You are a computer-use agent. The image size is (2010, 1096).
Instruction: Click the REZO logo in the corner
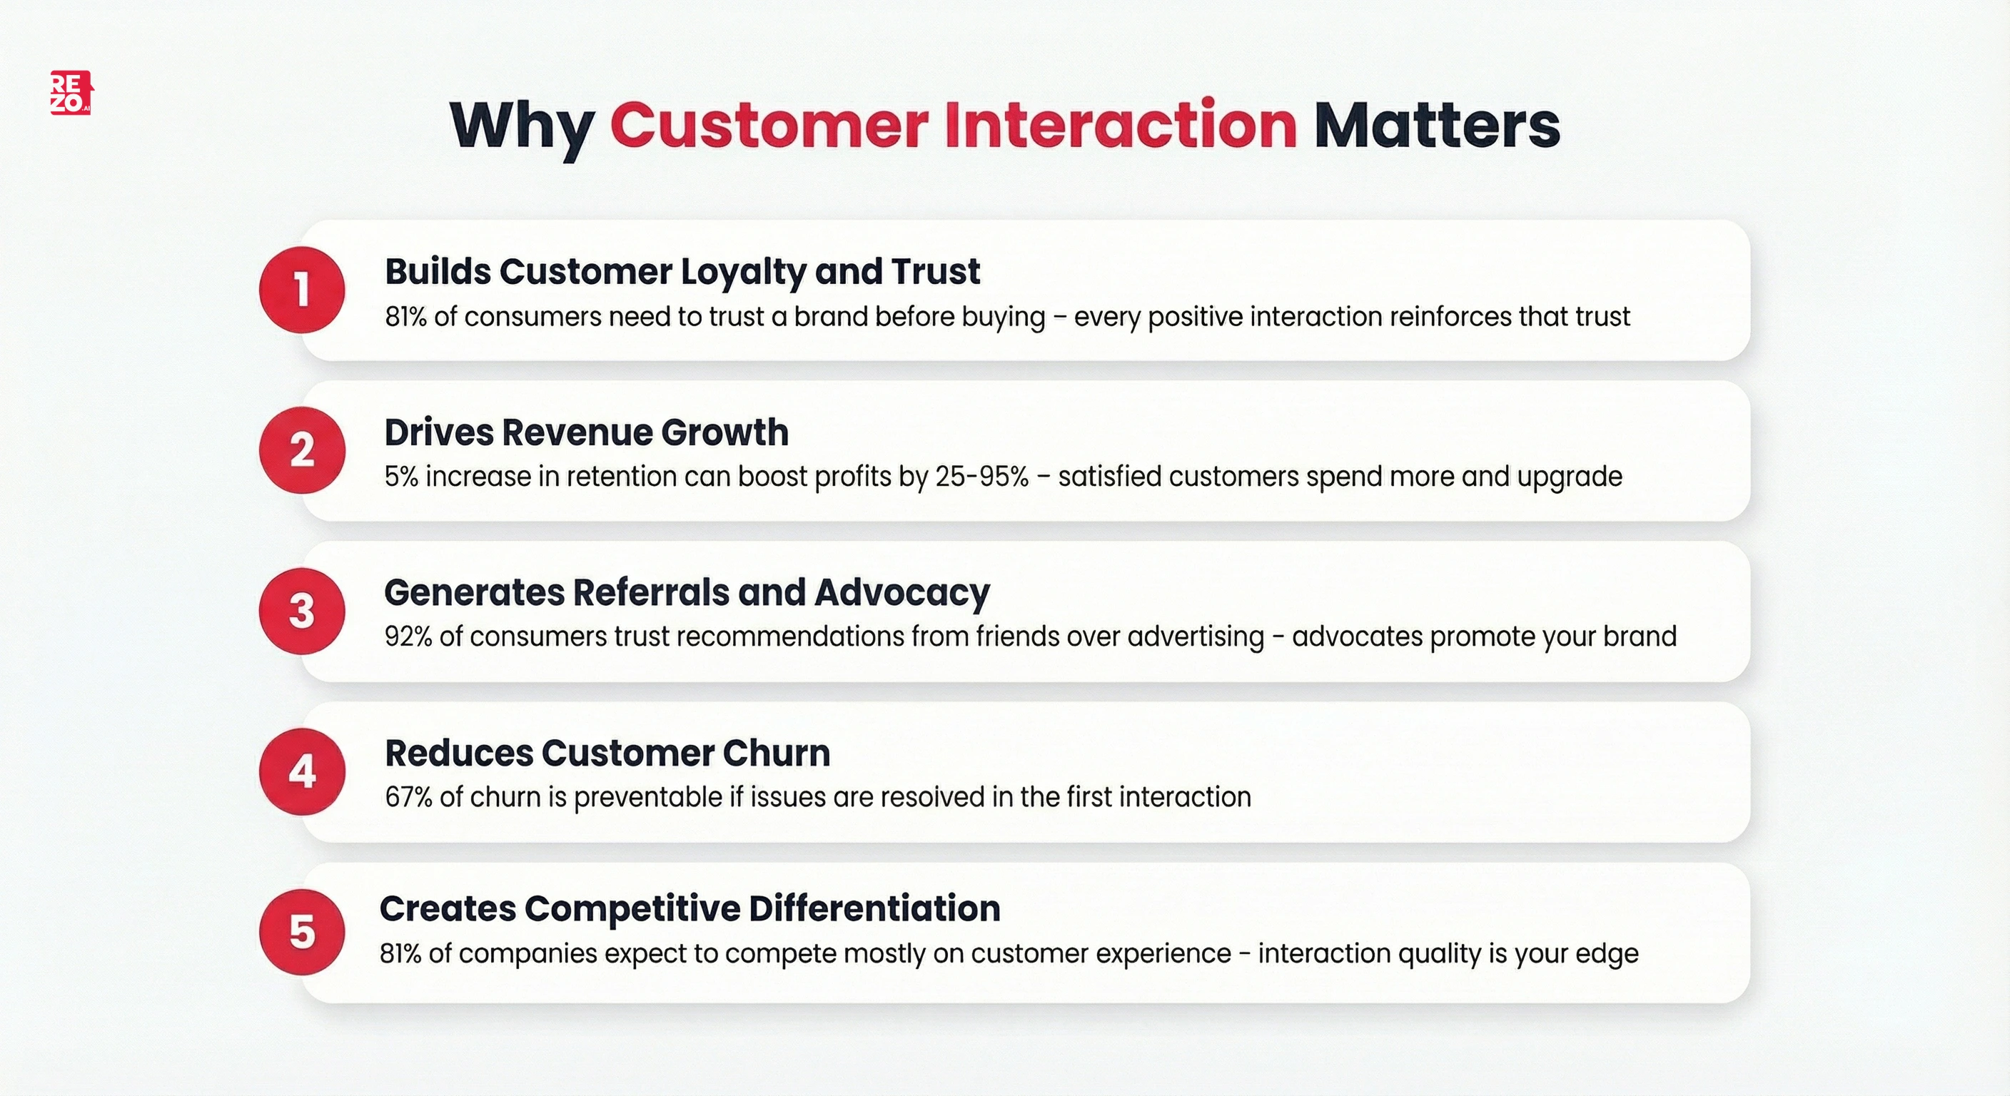[71, 93]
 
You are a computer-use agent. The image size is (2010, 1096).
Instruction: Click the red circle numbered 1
[302, 290]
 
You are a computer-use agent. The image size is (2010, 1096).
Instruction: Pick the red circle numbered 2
[302, 450]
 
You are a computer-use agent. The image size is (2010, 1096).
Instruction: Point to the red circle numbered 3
[302, 611]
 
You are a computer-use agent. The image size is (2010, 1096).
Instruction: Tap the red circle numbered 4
[302, 771]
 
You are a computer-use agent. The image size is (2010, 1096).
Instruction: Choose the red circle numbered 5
[302, 932]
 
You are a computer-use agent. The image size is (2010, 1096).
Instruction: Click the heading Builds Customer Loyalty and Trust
[682, 271]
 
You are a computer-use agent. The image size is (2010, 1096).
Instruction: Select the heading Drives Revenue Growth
[586, 432]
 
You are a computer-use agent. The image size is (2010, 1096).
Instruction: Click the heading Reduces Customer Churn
[607, 753]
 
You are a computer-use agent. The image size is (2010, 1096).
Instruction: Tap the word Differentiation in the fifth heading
[874, 909]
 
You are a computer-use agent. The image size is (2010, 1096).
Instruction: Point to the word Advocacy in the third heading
[902, 593]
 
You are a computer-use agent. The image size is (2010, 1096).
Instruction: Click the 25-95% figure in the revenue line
[981, 477]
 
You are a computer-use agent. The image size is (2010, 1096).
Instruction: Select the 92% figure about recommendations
[408, 636]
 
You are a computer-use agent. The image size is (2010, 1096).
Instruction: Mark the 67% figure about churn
[408, 797]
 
